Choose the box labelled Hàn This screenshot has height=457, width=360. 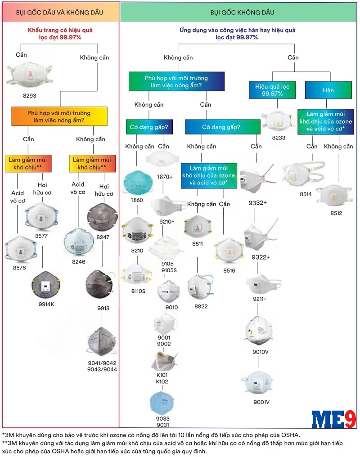[328, 90]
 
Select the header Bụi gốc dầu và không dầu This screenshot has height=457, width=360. [60, 12]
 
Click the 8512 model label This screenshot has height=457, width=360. [333, 213]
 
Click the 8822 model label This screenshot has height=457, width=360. [201, 306]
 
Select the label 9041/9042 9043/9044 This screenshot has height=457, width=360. [102, 366]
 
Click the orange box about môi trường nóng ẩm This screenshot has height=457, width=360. [59, 116]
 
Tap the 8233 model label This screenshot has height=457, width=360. [279, 137]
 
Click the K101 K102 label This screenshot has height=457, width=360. [162, 378]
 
